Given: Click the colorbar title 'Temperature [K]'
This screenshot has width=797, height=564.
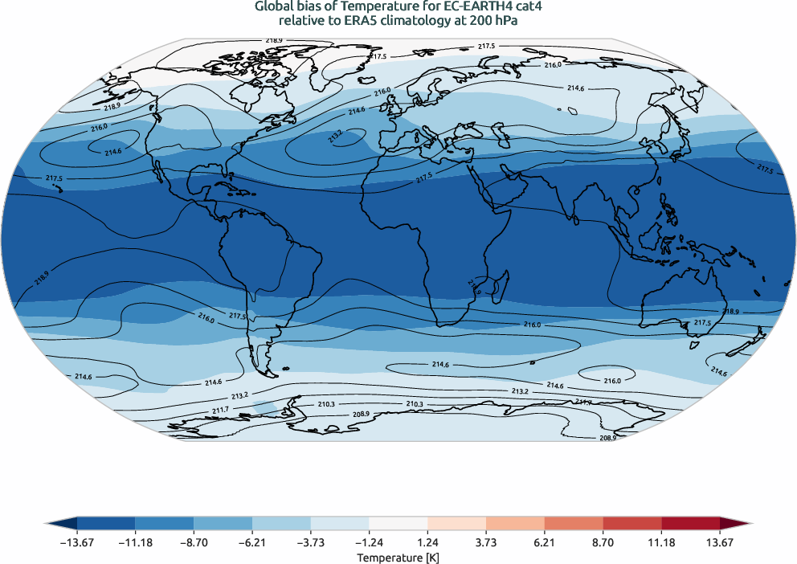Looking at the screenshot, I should click(398, 557).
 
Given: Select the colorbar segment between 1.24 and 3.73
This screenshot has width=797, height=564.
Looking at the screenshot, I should click(456, 523).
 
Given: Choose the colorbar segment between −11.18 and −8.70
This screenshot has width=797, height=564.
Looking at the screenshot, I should click(165, 523).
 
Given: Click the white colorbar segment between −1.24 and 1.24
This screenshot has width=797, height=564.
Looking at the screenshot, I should click(398, 523).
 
